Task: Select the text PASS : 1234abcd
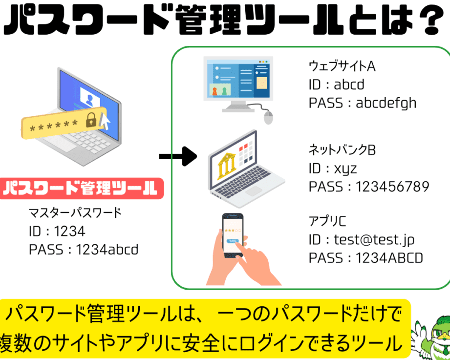[x=84, y=250]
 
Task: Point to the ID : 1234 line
[x=57, y=231]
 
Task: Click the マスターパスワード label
[x=75, y=213]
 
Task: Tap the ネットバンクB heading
[x=342, y=150]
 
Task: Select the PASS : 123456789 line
[x=369, y=187]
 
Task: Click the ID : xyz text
[x=333, y=169]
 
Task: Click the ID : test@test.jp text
[x=362, y=240]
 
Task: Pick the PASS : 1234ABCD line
[x=366, y=258]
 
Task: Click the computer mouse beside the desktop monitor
[x=268, y=117]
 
